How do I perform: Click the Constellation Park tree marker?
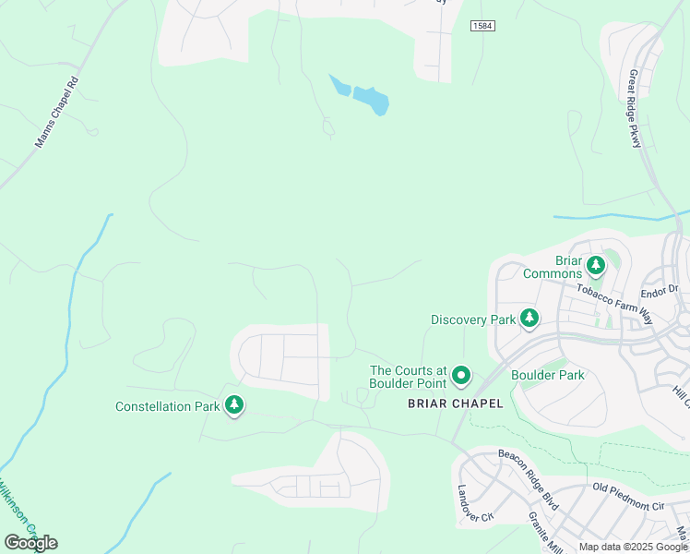[234, 404]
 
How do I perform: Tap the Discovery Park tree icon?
[529, 319]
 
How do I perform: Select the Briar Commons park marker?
[596, 266]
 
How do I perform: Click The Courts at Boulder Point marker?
[460, 376]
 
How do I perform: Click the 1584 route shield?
[482, 26]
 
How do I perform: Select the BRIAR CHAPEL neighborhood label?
[456, 403]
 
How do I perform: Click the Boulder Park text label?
[547, 376]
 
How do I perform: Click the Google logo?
[30, 542]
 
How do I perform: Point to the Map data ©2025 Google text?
[634, 547]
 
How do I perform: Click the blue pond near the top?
[368, 98]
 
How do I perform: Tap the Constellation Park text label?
[167, 406]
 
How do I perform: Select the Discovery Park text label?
[473, 319]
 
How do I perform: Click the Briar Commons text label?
[553, 267]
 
